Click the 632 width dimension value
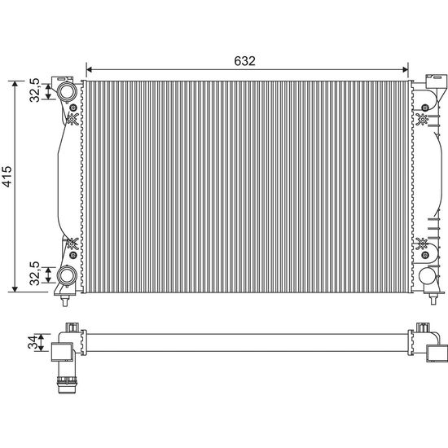(244, 61)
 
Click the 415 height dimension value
(7, 176)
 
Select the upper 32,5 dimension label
(34, 90)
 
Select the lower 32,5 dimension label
(34, 273)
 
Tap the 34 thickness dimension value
(33, 342)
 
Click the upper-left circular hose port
(67, 91)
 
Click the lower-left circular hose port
(67, 275)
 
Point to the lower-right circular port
(428, 275)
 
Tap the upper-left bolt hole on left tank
(73, 108)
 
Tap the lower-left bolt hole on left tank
(73, 255)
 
